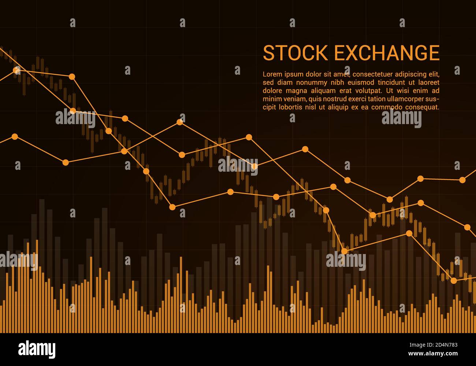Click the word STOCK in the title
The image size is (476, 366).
click(x=295, y=53)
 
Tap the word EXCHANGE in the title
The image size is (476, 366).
click(x=387, y=53)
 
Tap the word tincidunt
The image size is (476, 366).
click(x=395, y=82)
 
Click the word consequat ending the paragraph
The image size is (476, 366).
click(x=421, y=107)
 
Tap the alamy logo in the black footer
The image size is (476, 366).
click(x=37, y=349)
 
